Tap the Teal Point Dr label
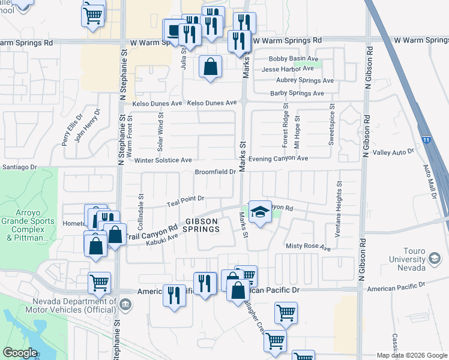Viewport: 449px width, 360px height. tap(186, 200)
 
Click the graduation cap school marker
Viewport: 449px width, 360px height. tap(259, 212)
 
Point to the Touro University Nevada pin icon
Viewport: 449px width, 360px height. tap(433, 259)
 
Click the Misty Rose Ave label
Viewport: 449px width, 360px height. tap(309, 247)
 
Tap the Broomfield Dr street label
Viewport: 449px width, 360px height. tap(215, 172)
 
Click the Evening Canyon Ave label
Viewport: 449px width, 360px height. tap(279, 158)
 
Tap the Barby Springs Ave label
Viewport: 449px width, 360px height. tap(297, 93)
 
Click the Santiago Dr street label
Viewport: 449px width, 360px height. tap(20, 167)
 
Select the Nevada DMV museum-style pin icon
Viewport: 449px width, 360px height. tap(125, 304)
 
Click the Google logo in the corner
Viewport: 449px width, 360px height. tap(20, 352)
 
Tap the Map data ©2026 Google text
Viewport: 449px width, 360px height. tap(411, 355)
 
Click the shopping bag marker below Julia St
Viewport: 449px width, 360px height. tap(210, 68)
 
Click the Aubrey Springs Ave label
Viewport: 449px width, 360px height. tap(304, 80)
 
